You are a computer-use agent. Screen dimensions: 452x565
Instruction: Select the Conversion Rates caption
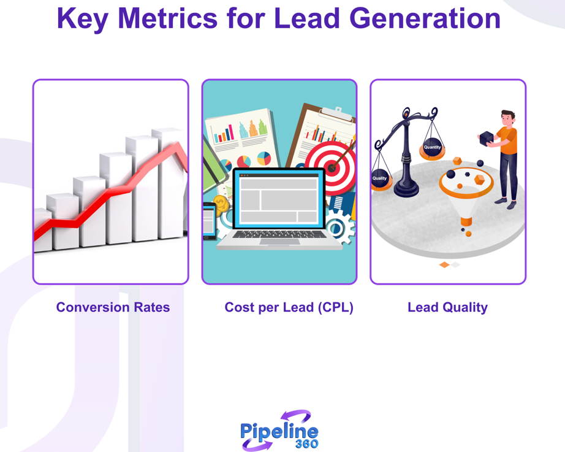pos(113,307)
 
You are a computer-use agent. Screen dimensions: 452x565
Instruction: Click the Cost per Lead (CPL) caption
pos(289,307)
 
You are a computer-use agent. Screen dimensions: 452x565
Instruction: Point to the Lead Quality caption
pos(447,307)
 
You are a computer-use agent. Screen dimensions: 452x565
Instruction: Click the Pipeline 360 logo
pos(279,430)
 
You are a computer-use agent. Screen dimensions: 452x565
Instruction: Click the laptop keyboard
pos(280,235)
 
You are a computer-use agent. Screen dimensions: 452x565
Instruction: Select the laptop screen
pos(279,199)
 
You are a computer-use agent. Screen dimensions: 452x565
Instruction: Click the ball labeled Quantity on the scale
pos(432,148)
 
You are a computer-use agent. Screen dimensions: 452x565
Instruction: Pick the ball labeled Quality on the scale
pos(380,178)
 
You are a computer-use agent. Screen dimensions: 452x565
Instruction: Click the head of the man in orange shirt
pos(507,118)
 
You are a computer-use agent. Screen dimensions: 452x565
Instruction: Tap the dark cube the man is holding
pos(487,138)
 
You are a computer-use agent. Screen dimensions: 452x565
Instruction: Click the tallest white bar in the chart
pos(167,184)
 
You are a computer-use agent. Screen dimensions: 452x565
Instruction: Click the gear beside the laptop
pos(339,227)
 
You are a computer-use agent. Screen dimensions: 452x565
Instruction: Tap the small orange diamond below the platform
pos(445,265)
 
